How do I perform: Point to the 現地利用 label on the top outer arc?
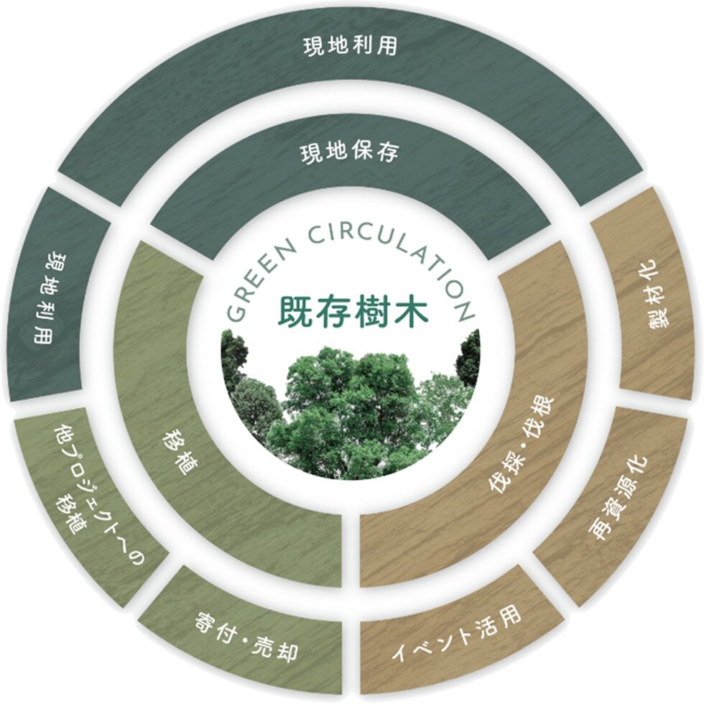[x=351, y=46]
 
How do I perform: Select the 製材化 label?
[x=652, y=295]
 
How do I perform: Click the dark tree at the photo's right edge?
[x=468, y=358]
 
